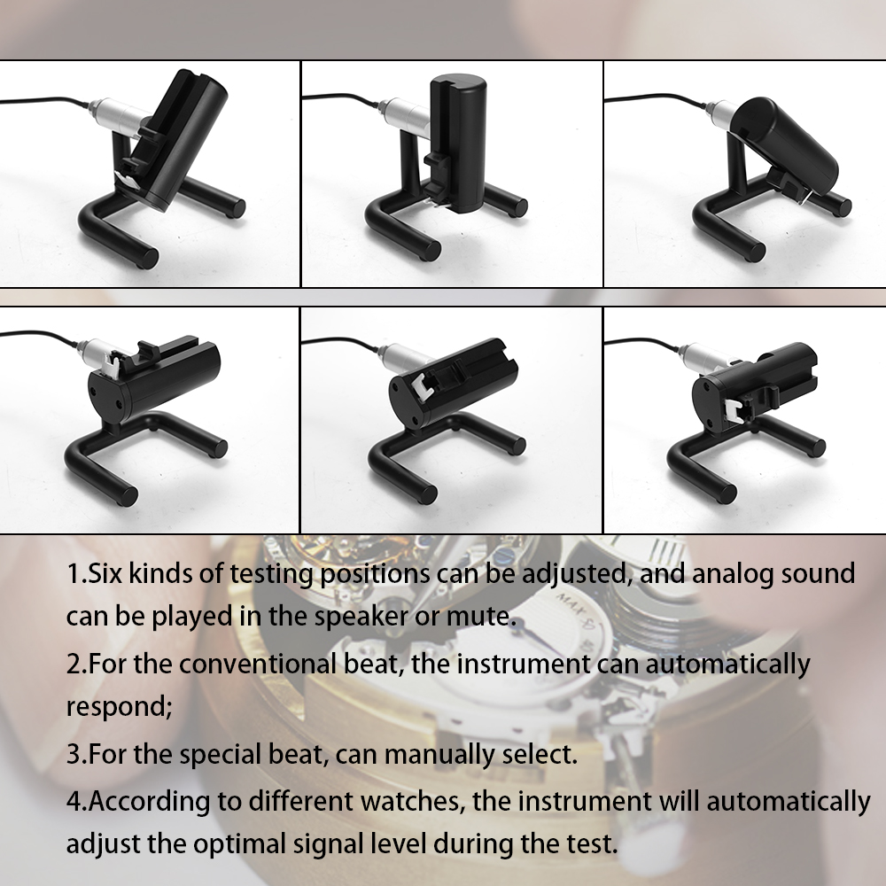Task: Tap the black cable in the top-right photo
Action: pyautogui.click(x=656, y=97)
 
